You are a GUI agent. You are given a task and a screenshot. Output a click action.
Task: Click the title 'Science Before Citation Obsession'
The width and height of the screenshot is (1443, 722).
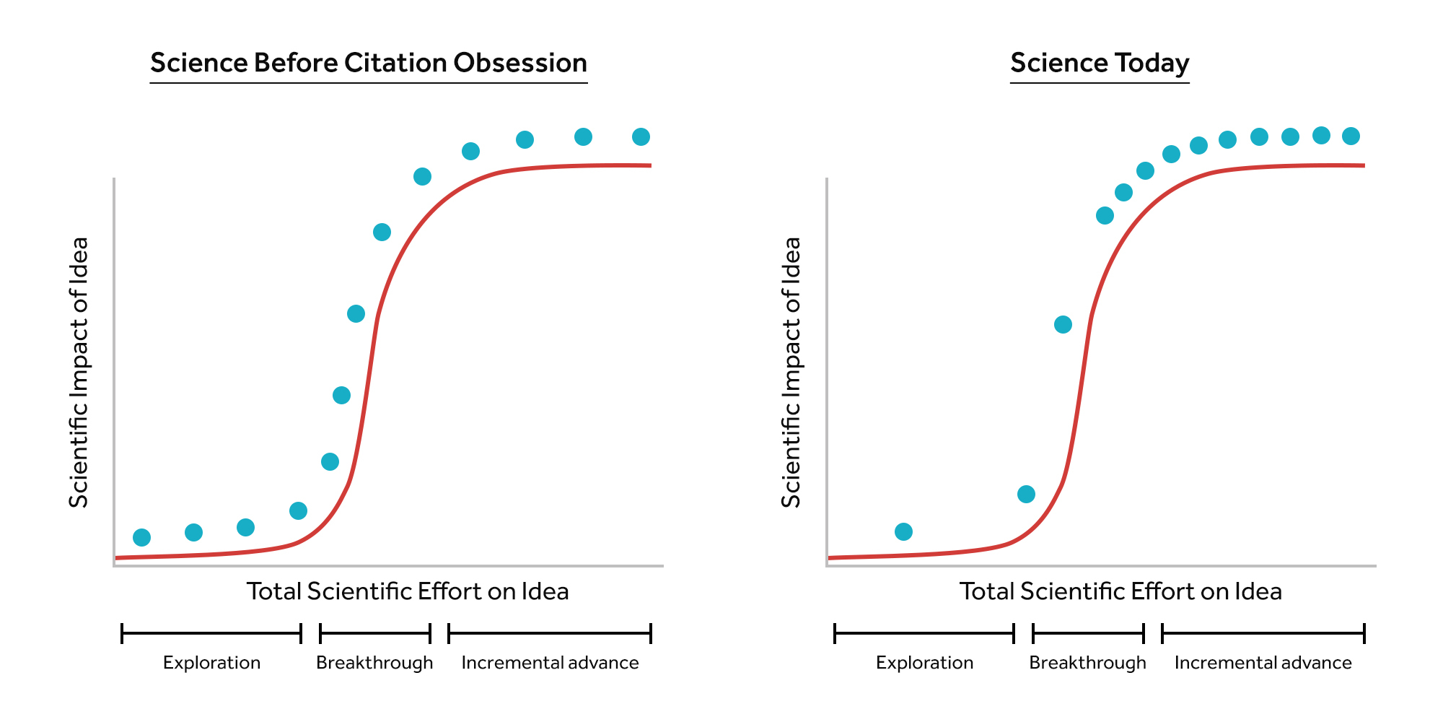tap(368, 64)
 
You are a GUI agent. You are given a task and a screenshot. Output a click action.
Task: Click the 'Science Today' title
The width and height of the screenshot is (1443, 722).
tap(1099, 64)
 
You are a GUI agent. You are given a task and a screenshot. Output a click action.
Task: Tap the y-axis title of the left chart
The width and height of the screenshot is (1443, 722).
tap(79, 373)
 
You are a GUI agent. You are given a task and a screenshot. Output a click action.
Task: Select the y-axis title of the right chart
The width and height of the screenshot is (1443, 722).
tap(791, 373)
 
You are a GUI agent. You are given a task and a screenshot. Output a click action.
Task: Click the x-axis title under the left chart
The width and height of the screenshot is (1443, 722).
tap(408, 591)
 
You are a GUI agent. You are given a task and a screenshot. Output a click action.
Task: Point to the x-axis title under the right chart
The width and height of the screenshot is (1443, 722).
tap(1120, 591)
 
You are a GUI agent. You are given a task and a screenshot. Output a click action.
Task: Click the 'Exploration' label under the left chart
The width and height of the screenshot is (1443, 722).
tap(211, 663)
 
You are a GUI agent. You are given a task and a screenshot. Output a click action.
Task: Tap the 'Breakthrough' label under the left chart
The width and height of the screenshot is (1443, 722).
tap(374, 663)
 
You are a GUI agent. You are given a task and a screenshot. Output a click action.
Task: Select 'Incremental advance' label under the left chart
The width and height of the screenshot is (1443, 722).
tap(550, 663)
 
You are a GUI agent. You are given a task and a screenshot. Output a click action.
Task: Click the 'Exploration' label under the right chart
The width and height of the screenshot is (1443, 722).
tap(924, 663)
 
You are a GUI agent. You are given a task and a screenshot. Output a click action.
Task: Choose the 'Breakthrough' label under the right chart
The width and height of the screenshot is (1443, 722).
tap(1087, 663)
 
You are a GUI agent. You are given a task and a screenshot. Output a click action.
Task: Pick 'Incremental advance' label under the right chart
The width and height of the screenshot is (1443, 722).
tap(1263, 663)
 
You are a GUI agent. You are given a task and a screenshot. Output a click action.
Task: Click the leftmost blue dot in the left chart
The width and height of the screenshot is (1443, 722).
tap(142, 537)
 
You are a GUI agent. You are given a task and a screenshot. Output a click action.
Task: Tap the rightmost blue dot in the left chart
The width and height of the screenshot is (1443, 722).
tap(641, 136)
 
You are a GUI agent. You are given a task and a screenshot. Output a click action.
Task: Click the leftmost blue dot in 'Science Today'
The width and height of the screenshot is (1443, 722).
tap(903, 531)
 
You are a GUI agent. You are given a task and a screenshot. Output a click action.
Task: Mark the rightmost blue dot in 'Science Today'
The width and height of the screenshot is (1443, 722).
tap(1351, 136)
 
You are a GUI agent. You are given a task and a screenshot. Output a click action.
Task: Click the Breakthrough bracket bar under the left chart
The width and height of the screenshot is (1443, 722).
tap(375, 634)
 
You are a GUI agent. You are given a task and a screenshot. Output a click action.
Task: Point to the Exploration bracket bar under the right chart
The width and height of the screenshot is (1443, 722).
tap(924, 634)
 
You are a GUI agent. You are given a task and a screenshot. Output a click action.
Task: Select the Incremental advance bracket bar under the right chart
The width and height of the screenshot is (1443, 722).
tap(1263, 634)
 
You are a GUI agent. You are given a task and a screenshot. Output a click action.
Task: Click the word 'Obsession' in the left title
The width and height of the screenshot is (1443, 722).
tap(519, 64)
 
